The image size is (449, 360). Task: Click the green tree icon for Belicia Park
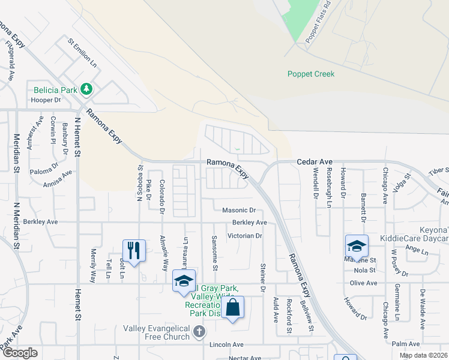click(x=87, y=89)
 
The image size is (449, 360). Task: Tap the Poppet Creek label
click(x=310, y=74)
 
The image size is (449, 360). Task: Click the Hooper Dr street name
click(x=46, y=100)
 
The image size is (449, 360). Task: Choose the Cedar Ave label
click(x=315, y=162)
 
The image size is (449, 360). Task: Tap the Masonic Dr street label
click(x=239, y=211)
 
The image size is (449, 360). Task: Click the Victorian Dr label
click(x=245, y=236)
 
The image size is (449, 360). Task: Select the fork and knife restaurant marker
click(x=133, y=249)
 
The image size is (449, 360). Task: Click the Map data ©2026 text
click(x=423, y=355)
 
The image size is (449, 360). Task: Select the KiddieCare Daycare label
click(x=414, y=238)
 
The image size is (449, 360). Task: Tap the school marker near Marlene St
click(x=356, y=245)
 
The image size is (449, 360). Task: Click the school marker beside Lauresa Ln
click(x=184, y=280)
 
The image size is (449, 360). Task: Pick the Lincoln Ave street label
click(x=226, y=345)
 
